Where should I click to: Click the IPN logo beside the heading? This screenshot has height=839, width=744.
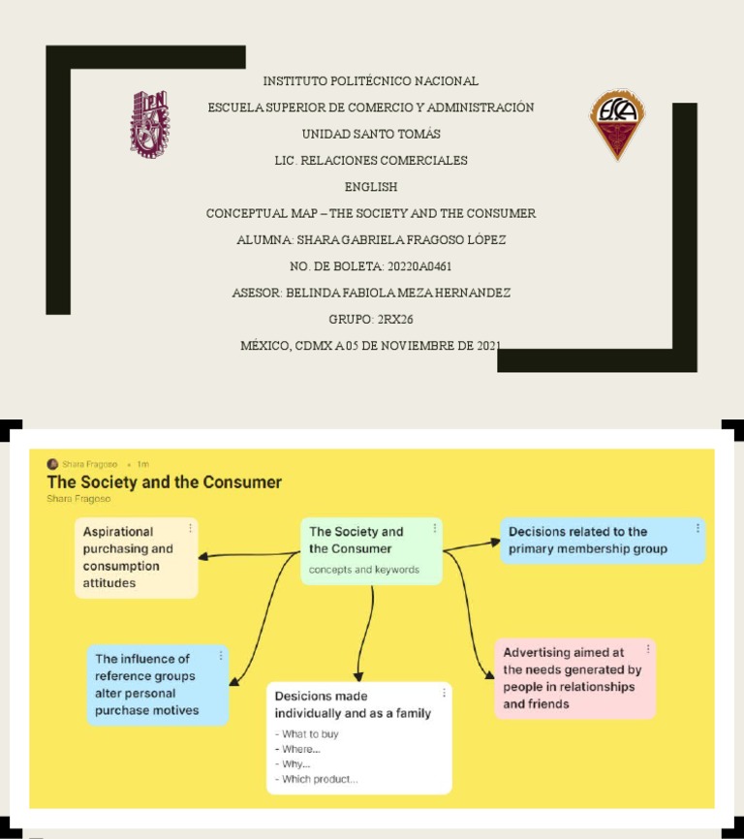coord(149,123)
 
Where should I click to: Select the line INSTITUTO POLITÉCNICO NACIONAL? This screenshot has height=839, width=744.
coord(370,81)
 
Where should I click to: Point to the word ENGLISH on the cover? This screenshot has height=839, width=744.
coord(371,187)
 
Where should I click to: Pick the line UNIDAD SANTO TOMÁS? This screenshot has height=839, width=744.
coord(371,134)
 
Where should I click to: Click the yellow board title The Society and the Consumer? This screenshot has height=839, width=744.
coord(165,482)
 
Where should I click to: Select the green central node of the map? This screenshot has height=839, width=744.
coord(371,550)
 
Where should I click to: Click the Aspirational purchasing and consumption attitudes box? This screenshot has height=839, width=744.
coord(136,557)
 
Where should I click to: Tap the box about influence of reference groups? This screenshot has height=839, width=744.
coord(157,684)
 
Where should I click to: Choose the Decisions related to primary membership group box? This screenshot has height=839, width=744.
coord(602,541)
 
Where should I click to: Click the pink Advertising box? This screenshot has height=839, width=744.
coord(574,678)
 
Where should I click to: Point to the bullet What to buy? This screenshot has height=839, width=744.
coord(309,734)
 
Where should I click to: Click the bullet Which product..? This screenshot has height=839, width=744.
coord(319,779)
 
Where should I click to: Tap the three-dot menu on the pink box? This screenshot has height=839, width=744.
coord(648,648)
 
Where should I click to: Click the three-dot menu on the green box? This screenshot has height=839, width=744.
coord(434,528)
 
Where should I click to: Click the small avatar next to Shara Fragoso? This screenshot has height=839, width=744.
coord(52,464)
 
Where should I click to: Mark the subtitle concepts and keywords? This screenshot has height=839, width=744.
coord(364,570)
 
